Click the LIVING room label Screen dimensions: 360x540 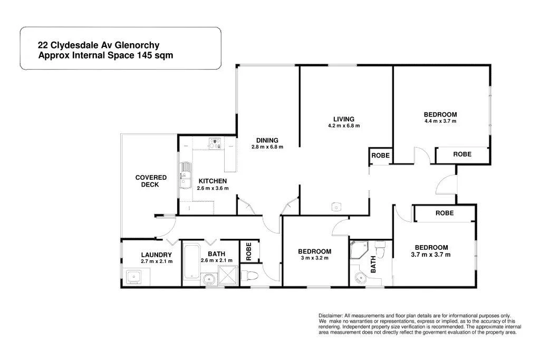[x=343, y=119]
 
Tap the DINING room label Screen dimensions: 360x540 [x=267, y=140]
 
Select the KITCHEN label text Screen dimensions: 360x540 [x=213, y=181]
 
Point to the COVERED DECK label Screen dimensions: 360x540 [x=150, y=181]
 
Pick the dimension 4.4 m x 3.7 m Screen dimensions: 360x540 [x=440, y=121]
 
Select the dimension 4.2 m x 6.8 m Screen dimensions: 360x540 [x=344, y=126]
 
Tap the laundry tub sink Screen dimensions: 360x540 [x=132, y=276]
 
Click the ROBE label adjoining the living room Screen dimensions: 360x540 [x=380, y=155]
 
